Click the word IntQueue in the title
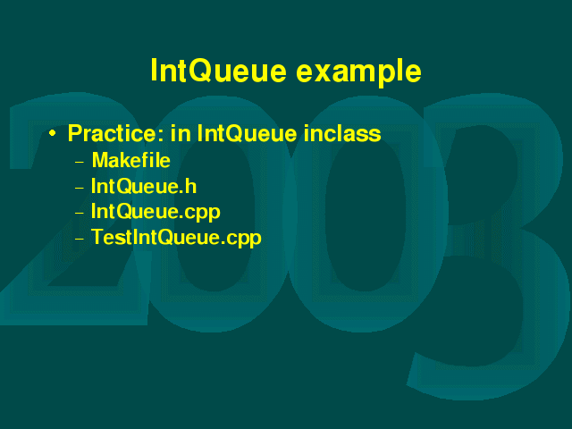tap(218, 71)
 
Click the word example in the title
tap(359, 72)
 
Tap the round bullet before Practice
tap(53, 133)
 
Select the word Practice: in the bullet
tap(116, 133)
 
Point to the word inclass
tap(342, 133)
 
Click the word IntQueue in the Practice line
tap(247, 133)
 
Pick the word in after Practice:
tap(181, 133)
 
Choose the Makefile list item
tap(131, 160)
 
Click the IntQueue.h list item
tap(144, 186)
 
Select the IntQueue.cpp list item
tap(156, 213)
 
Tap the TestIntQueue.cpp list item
tap(176, 238)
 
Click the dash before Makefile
tap(80, 162)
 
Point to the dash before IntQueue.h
tap(80, 188)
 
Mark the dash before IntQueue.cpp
tap(80, 213)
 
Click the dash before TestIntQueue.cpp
tap(80, 239)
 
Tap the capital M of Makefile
tap(101, 160)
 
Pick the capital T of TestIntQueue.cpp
tap(97, 237)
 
